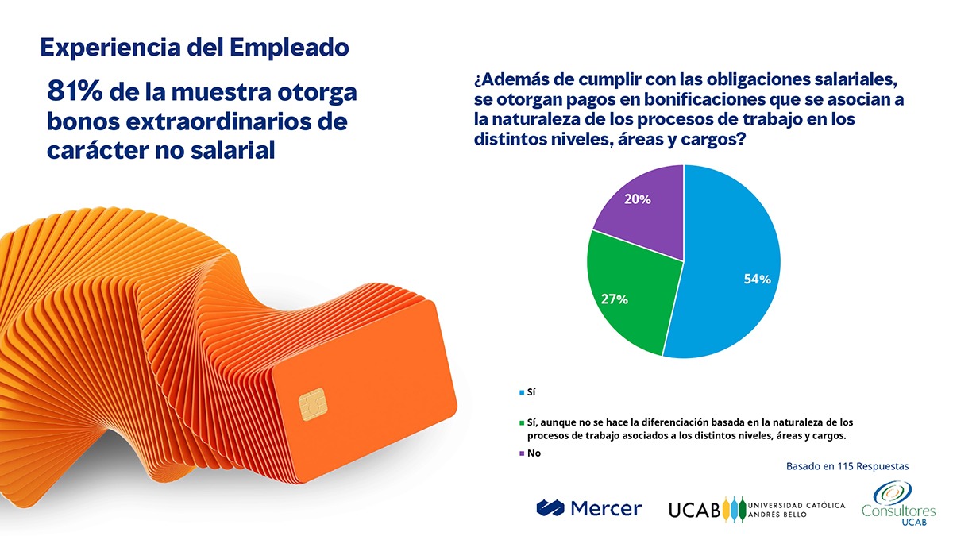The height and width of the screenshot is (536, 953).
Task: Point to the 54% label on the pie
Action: point(757,279)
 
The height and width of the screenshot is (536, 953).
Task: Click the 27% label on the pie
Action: point(615,299)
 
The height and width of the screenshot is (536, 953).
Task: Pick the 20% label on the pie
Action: point(637,199)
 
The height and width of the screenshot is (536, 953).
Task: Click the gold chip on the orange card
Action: point(312,406)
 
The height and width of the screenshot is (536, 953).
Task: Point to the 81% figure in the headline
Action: point(75,93)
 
